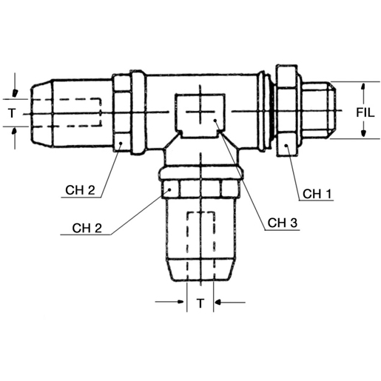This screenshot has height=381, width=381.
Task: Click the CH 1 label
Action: [317, 195]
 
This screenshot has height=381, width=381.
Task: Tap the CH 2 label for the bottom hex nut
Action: [90, 226]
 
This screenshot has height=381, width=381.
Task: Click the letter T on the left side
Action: [11, 113]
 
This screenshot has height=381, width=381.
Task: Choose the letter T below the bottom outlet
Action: [199, 303]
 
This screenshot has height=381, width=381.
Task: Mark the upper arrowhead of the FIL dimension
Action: [363, 87]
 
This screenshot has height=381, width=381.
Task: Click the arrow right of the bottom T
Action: [220, 303]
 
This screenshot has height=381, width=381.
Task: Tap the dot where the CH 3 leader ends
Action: [215, 120]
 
